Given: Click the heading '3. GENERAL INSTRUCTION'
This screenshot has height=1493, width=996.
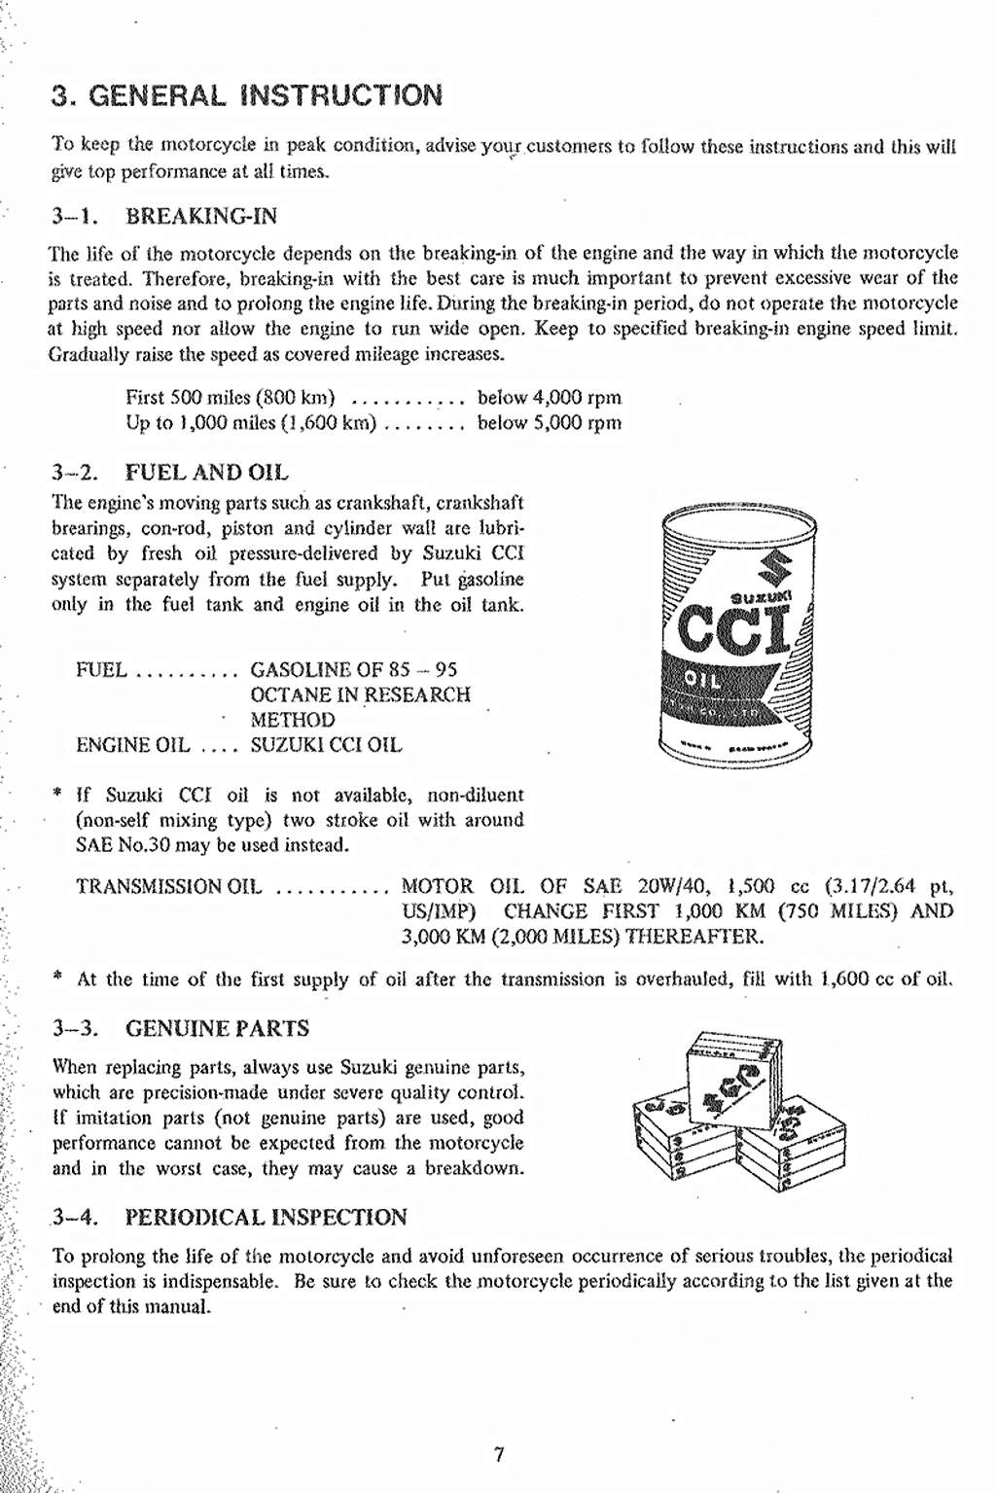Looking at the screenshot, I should pos(247,96).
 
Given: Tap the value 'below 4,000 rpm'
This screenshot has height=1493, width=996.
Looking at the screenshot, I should pos(549,398).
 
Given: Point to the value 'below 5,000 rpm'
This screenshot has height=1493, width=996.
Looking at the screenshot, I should pos(549,423).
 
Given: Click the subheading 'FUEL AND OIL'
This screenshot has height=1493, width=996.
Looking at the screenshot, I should pos(207,473).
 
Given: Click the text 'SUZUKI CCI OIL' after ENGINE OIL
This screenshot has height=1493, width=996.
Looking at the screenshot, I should pos(325,746).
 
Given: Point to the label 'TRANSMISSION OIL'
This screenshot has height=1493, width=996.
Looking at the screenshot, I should pos(169,887).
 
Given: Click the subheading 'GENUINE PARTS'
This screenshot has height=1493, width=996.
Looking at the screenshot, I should pos(218,1028).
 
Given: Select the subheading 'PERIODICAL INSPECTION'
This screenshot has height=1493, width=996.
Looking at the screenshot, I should pos(266,1217).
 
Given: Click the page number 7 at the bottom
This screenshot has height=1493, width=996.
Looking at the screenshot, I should pos(498,1455).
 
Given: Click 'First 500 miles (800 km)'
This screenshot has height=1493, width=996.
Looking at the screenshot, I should pos(231,398).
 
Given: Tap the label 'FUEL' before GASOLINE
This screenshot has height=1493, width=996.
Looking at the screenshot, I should pos(101,669).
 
